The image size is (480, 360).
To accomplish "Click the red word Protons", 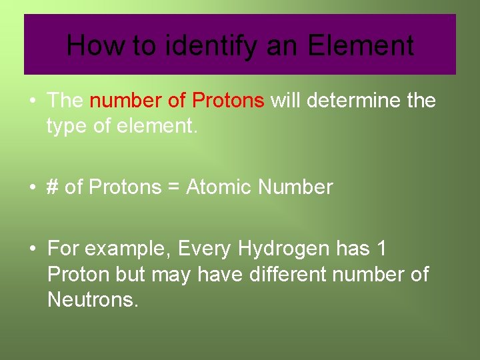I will pos(228,101).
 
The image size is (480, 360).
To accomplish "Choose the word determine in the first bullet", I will pos(355,101).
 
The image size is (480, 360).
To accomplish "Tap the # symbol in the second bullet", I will pos(53,187).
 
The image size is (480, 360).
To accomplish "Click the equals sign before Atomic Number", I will pos(173,188).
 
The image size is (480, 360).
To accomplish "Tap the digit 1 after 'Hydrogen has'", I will pos(381,249).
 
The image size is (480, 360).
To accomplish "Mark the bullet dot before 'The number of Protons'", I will pos(32,101).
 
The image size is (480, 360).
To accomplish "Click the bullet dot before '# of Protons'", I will pos(32,188).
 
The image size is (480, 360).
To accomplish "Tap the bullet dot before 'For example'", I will pos(32,249).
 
